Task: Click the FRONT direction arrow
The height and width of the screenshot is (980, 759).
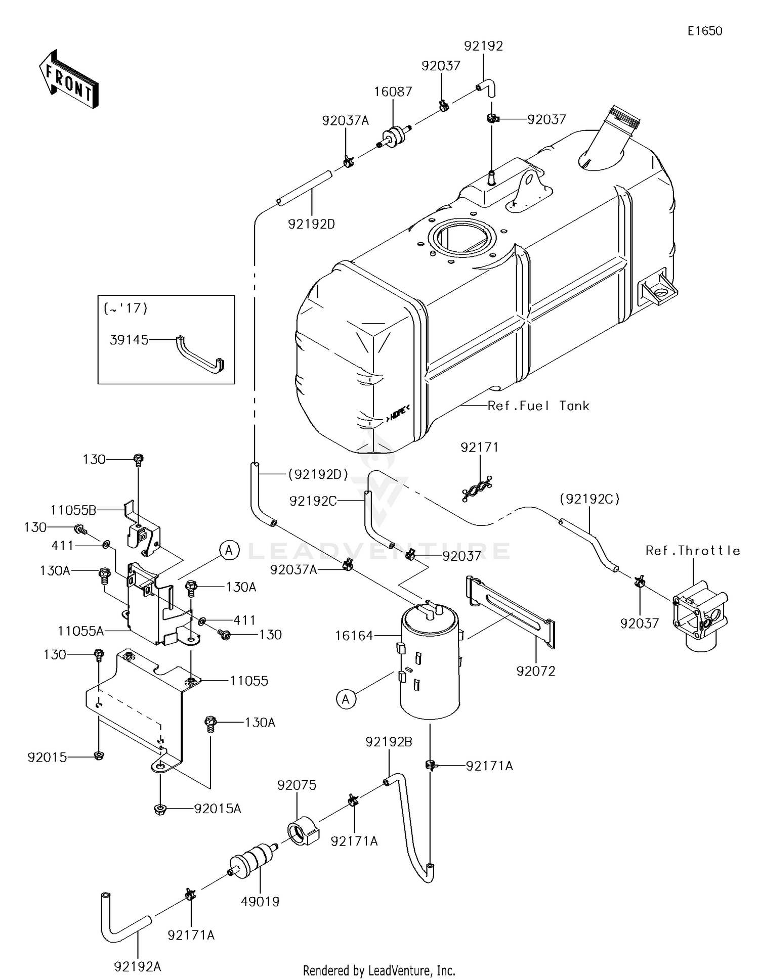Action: coord(68,80)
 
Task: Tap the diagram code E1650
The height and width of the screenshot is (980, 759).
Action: coord(704,31)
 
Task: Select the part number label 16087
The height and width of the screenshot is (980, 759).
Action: coord(393,92)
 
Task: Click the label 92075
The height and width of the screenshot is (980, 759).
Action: coord(297,785)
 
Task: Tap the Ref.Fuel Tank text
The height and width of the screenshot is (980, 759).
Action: coord(538,406)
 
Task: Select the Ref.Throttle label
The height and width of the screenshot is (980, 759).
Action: coord(692,551)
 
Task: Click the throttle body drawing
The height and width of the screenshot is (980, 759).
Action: coord(698,617)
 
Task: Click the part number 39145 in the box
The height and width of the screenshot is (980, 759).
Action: coord(129,340)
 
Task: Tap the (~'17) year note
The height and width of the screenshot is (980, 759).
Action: coord(125,308)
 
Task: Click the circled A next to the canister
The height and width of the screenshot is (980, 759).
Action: coord(346,699)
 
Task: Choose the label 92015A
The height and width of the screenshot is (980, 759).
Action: coord(218,809)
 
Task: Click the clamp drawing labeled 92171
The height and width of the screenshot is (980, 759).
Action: coord(477,489)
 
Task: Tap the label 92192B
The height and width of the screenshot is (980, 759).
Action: coord(389,742)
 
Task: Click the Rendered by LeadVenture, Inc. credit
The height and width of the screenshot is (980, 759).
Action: coord(379,970)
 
